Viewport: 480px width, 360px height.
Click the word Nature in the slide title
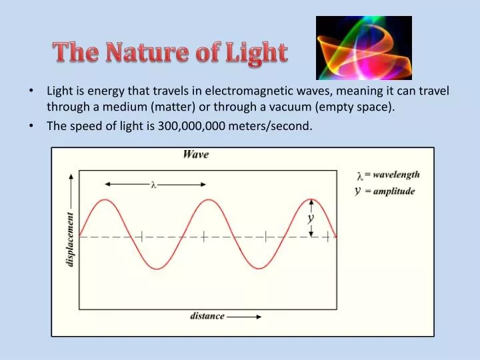click(147, 51)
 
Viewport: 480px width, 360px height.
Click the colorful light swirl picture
click(364, 48)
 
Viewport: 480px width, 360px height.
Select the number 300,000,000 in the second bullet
click(191, 126)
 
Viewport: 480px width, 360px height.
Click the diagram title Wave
click(196, 154)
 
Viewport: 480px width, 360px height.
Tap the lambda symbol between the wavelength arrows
click(154, 185)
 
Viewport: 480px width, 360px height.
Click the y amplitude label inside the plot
click(311, 219)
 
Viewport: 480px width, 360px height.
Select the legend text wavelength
click(396, 175)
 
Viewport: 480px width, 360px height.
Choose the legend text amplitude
click(394, 191)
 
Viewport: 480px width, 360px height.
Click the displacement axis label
click(70, 239)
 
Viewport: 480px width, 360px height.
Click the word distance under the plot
click(207, 315)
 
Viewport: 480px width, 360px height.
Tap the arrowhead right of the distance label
click(259, 317)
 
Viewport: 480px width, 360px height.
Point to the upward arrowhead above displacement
click(71, 176)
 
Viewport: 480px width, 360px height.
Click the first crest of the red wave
click(105, 200)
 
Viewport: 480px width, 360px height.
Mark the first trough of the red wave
click(157, 269)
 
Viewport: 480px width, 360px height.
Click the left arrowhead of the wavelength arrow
click(107, 184)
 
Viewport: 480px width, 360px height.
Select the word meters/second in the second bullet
click(270, 126)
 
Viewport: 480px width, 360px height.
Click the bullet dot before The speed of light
click(31, 125)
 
